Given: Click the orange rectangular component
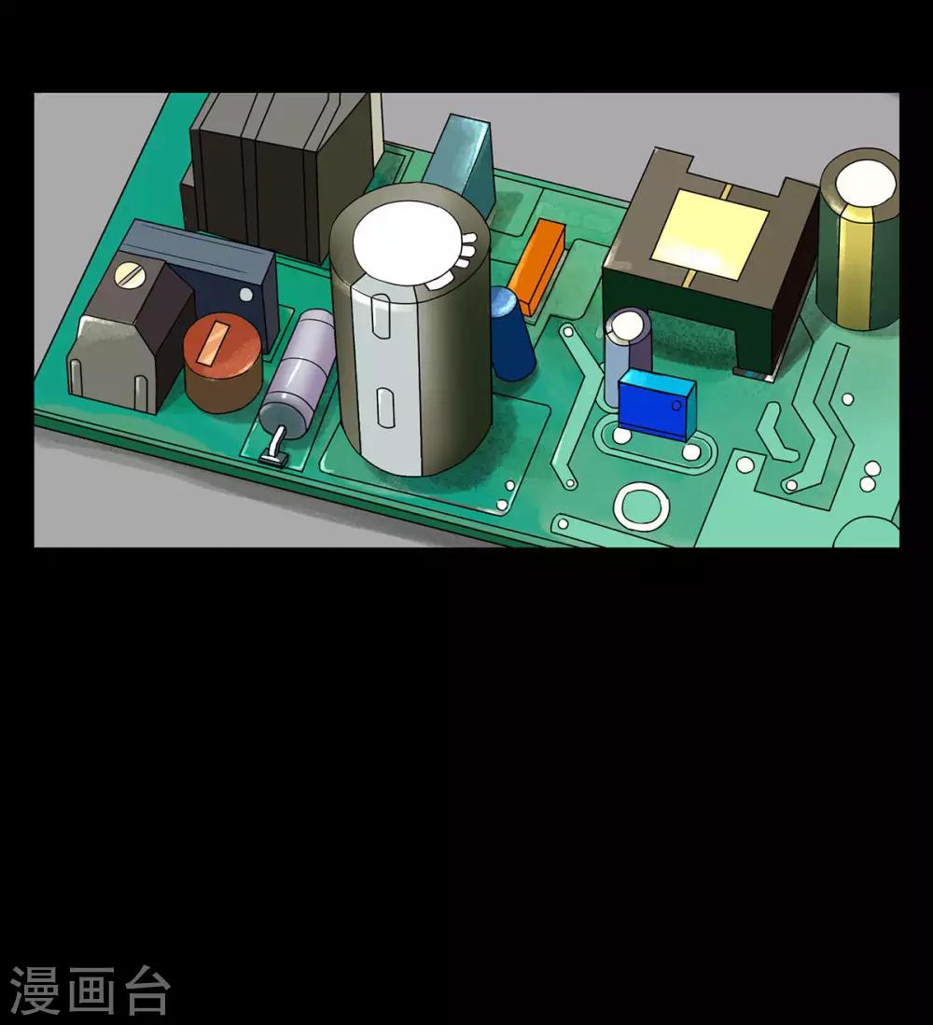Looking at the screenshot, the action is [x=536, y=267].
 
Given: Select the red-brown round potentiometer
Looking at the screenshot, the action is [x=223, y=362].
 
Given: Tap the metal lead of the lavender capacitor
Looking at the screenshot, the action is [x=276, y=447].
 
